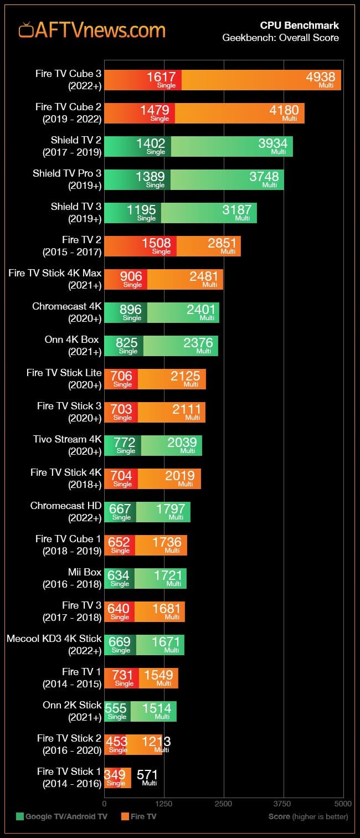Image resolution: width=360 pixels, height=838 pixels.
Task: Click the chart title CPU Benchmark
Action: [x=300, y=25]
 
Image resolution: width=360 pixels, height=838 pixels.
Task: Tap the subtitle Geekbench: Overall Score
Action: [x=280, y=38]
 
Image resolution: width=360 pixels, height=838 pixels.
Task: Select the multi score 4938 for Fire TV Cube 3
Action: [x=321, y=78]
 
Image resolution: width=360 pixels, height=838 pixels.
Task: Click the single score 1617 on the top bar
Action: [x=161, y=78]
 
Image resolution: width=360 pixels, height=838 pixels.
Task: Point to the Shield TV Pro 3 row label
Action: [x=67, y=179]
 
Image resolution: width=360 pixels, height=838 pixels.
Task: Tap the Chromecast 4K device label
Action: [x=67, y=312]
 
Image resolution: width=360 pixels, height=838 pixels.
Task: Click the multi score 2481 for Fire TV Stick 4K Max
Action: [x=203, y=277]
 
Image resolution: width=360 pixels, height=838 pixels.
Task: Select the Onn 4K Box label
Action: [x=72, y=345]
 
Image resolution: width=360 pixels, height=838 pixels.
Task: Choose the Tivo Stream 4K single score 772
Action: [x=124, y=443]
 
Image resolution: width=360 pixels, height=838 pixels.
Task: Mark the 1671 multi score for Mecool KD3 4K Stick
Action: [x=166, y=642]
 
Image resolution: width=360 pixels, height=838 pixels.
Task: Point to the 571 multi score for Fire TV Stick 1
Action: [x=147, y=775]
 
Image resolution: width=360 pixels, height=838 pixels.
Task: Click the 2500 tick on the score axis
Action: [x=224, y=803]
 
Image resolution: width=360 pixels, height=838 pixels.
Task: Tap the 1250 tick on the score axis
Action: [x=164, y=803]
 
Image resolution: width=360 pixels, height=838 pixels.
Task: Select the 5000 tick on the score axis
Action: [x=343, y=803]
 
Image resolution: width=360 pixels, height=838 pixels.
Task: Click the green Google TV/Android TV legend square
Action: [x=20, y=816]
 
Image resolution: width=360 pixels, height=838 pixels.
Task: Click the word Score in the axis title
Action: [x=279, y=816]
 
